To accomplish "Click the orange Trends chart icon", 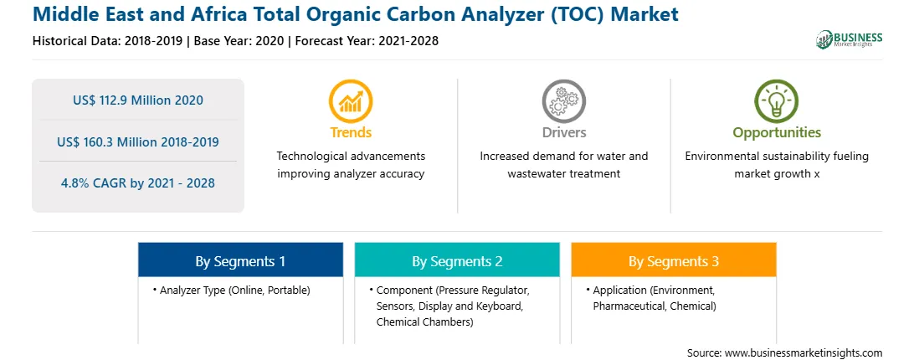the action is point(351,101).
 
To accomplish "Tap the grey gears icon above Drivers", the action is point(563,101).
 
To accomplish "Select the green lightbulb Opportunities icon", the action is point(777,101).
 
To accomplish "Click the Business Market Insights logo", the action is point(849,39).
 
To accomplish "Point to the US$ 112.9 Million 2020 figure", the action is point(138,100).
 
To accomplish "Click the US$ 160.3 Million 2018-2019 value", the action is point(138,141).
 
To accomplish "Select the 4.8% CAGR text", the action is point(138,183).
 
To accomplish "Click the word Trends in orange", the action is point(351,132).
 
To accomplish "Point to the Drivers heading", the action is point(563,132).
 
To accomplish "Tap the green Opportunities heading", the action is point(777,132).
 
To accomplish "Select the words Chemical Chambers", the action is point(424,321).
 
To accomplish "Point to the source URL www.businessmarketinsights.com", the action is point(804,353).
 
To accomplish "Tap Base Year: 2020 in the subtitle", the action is point(239,41).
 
